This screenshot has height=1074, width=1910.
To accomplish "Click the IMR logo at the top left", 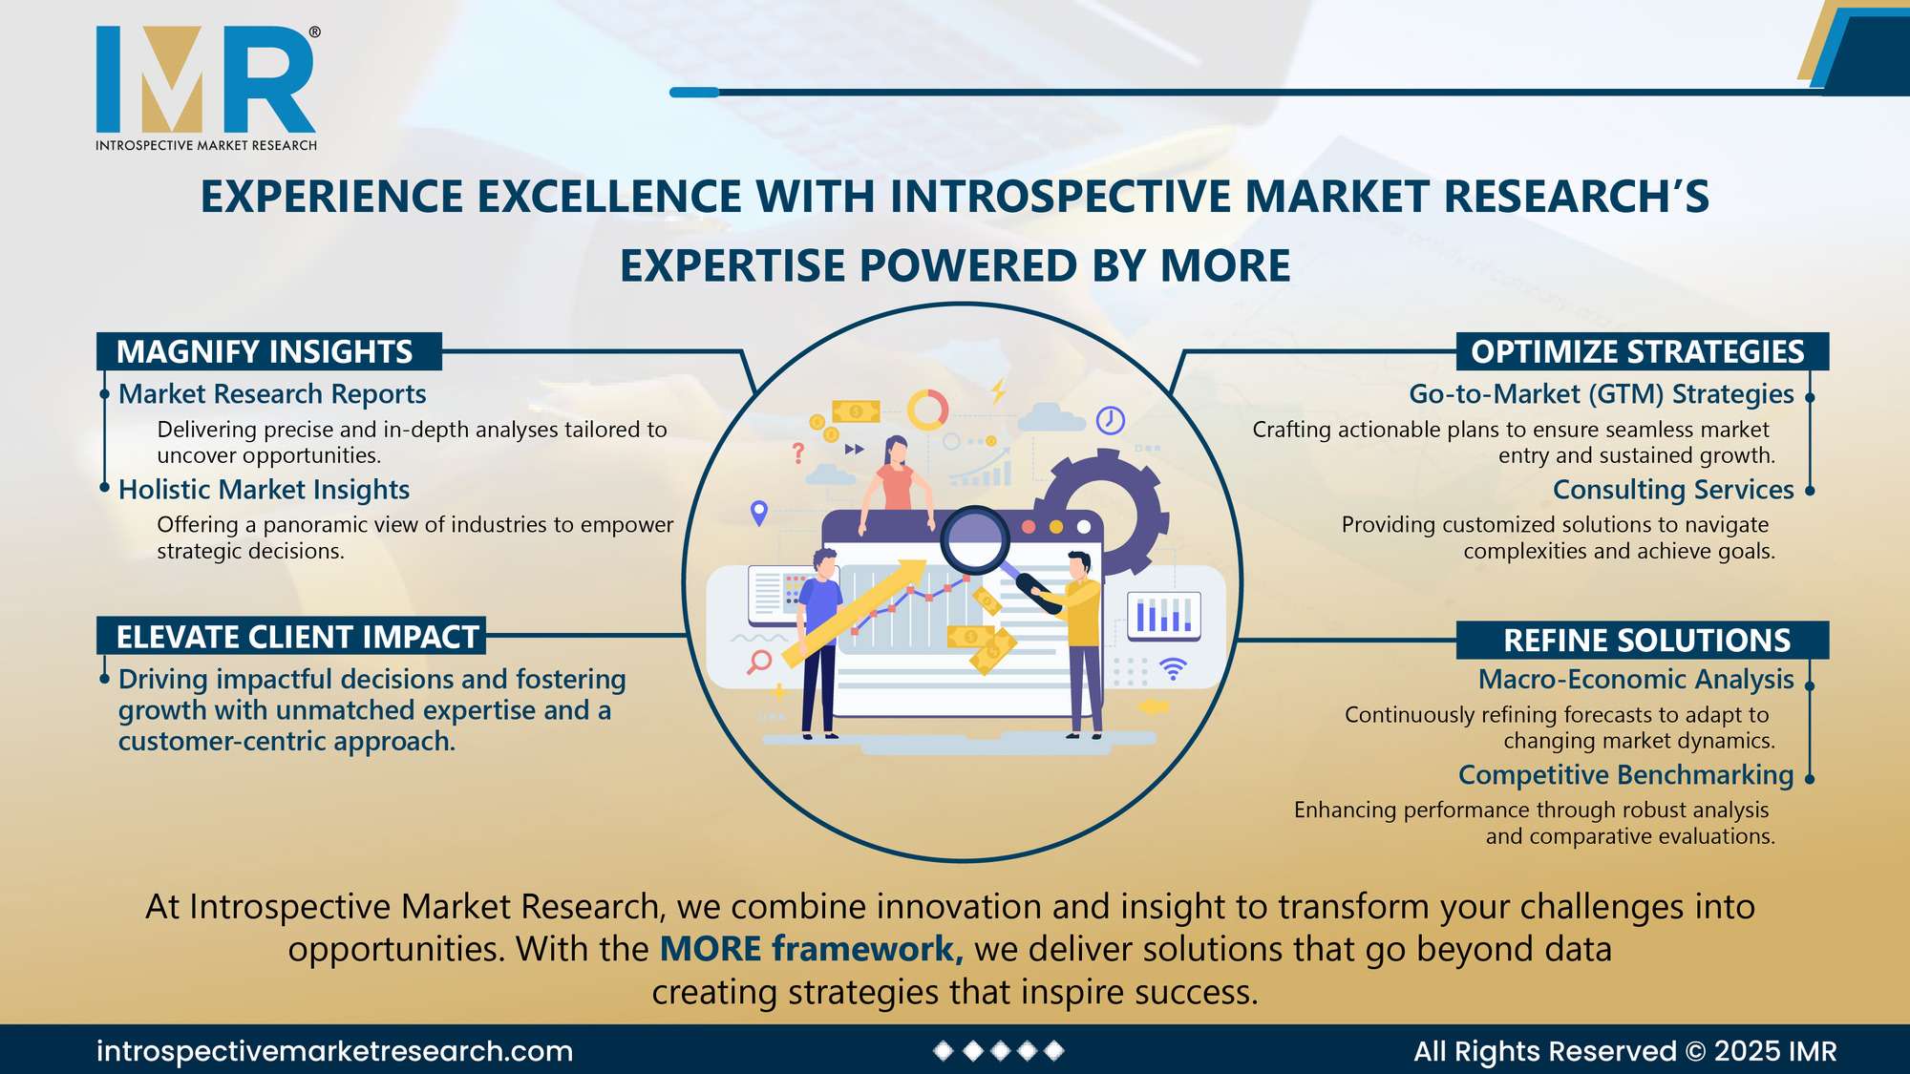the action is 206,88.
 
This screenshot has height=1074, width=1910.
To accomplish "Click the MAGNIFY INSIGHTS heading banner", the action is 269,351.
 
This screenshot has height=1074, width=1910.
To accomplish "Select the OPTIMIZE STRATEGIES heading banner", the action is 1643,351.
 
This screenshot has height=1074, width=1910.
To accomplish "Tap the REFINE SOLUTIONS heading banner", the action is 1643,640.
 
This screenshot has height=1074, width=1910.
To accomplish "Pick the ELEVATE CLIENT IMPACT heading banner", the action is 291,636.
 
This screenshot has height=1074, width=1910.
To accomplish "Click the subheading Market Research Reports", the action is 272,394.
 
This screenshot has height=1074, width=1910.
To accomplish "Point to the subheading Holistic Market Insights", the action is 264,490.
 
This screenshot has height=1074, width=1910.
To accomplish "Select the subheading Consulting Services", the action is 1673,490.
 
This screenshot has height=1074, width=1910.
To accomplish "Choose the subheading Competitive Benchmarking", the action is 1626,775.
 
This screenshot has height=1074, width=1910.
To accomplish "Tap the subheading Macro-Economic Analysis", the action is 1636,679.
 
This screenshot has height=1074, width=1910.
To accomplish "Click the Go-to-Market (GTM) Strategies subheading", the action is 1602,394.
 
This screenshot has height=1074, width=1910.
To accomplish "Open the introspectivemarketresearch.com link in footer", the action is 334,1051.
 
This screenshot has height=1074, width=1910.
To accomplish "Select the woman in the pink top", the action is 896,483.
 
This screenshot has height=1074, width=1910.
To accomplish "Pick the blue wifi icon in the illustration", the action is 1173,668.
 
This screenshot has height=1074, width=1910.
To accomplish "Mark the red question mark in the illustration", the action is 798,453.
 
